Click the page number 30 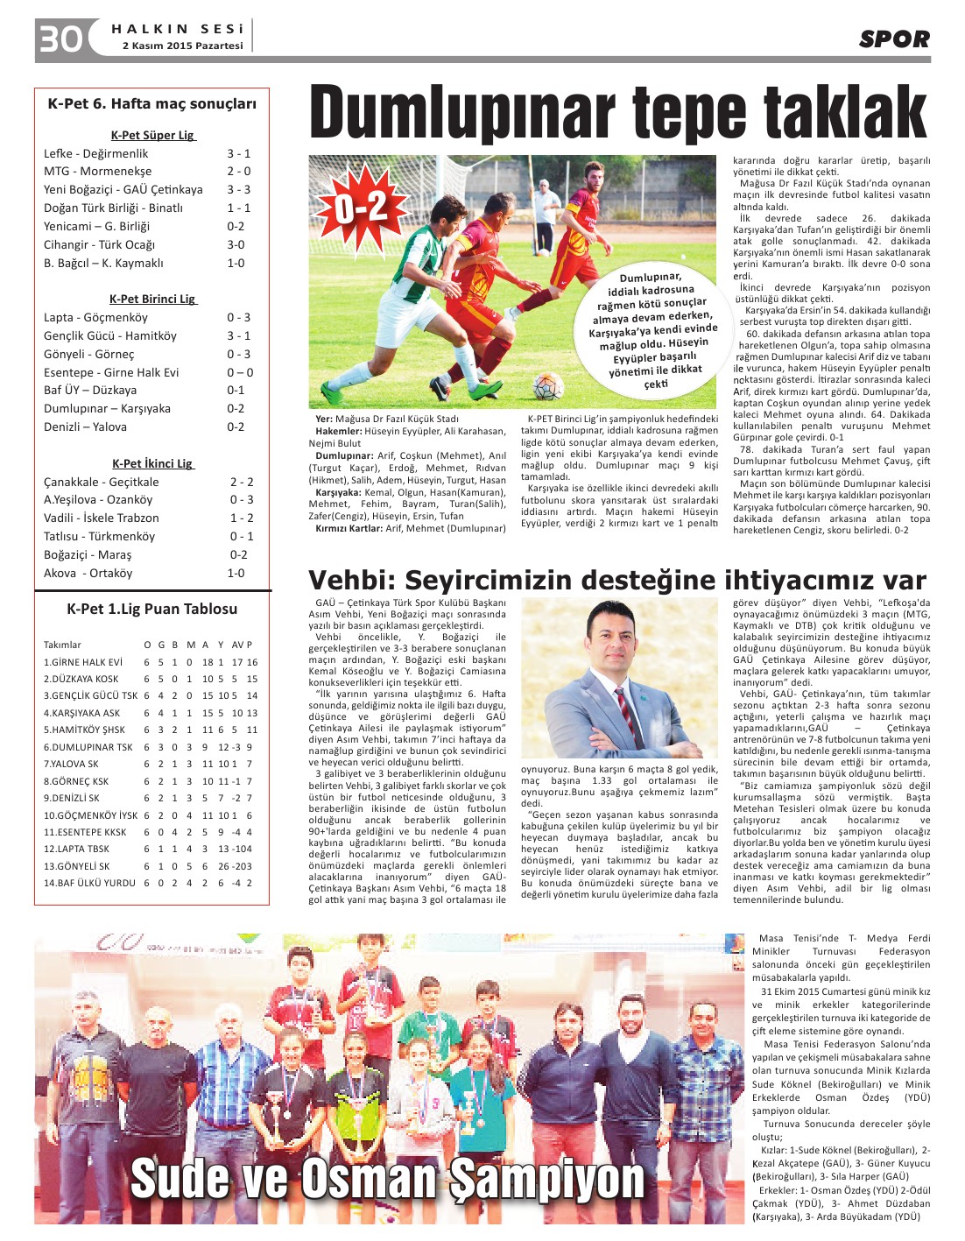(x=60, y=39)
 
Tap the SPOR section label (x=894, y=39)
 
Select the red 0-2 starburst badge (x=362, y=208)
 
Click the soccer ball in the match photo (x=548, y=385)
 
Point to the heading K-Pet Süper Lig (x=152, y=135)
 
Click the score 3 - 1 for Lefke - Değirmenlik (x=238, y=153)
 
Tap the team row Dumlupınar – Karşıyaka (x=107, y=408)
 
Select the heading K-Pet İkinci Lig (x=152, y=463)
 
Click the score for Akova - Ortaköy (x=236, y=573)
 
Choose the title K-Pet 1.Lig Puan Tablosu (x=152, y=609)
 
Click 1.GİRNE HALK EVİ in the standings (x=83, y=662)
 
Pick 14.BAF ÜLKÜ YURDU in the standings (x=89, y=883)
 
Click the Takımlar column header (x=62, y=645)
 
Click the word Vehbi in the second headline (x=349, y=581)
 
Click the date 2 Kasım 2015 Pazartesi (x=183, y=46)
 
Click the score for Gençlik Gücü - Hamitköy (x=238, y=335)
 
